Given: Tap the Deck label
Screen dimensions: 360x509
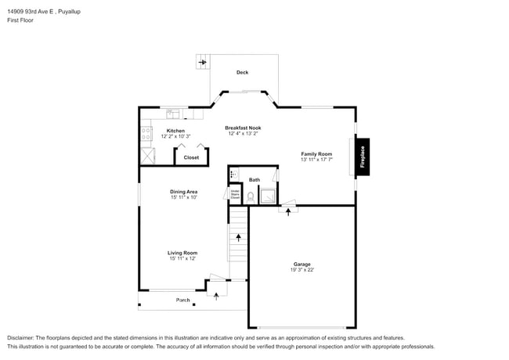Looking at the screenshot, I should coord(243,73).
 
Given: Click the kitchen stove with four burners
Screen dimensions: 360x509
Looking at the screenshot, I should coord(146,135).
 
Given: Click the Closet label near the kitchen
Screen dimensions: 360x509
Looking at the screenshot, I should coord(191,157).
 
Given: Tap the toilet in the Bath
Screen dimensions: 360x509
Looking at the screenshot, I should coord(251,197).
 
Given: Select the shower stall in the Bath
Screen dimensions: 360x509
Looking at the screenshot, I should coord(268,196).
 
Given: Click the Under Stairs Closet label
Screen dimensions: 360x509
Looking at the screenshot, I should coord(235,194).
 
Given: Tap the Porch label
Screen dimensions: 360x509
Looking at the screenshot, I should coord(182,300).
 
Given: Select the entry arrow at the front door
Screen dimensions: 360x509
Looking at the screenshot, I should coord(216,296).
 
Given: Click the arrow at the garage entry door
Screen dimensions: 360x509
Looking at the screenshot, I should coord(288,211).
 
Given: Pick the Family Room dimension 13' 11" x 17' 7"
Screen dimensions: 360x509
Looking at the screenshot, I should coord(316,160).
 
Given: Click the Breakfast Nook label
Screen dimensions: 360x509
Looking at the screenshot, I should coord(243,128).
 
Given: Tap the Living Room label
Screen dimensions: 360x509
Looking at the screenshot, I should coord(182,253).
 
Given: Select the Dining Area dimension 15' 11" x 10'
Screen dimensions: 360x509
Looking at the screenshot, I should coord(183,197).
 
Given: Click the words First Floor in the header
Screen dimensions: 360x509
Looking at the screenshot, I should coord(20,20).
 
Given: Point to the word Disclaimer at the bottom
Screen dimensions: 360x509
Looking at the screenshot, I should coord(23,337).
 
